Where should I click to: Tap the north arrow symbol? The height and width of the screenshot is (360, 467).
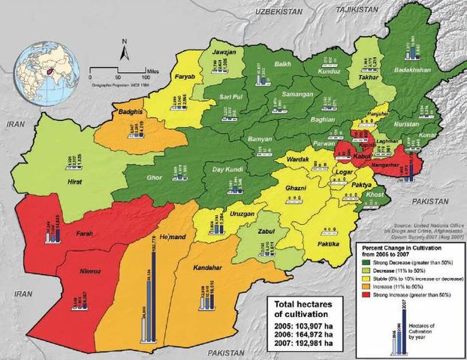point(125,50)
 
